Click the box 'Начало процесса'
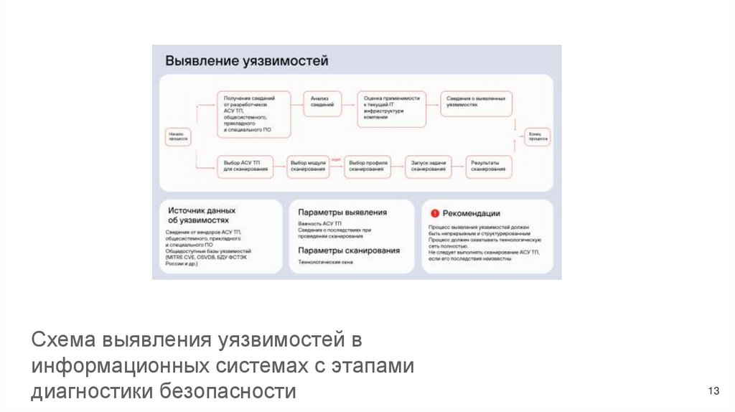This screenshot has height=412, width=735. [177, 137]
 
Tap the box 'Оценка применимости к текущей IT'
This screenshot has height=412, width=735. [391, 108]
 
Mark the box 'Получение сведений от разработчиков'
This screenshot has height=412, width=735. [254, 113]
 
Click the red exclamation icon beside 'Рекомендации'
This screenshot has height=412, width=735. [434, 213]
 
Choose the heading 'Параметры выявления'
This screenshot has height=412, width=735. [342, 212]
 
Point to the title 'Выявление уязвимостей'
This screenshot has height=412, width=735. [247, 62]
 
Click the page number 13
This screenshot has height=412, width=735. [713, 391]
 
